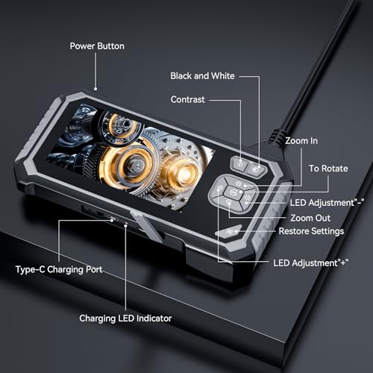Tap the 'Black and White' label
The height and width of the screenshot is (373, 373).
point(202,76)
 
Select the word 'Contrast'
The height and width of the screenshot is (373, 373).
point(188,99)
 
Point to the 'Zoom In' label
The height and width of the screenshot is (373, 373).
point(303,140)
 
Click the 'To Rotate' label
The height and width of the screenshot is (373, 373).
point(327,169)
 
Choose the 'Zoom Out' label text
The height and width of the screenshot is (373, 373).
point(310,218)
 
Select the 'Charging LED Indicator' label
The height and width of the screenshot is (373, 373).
point(125,318)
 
